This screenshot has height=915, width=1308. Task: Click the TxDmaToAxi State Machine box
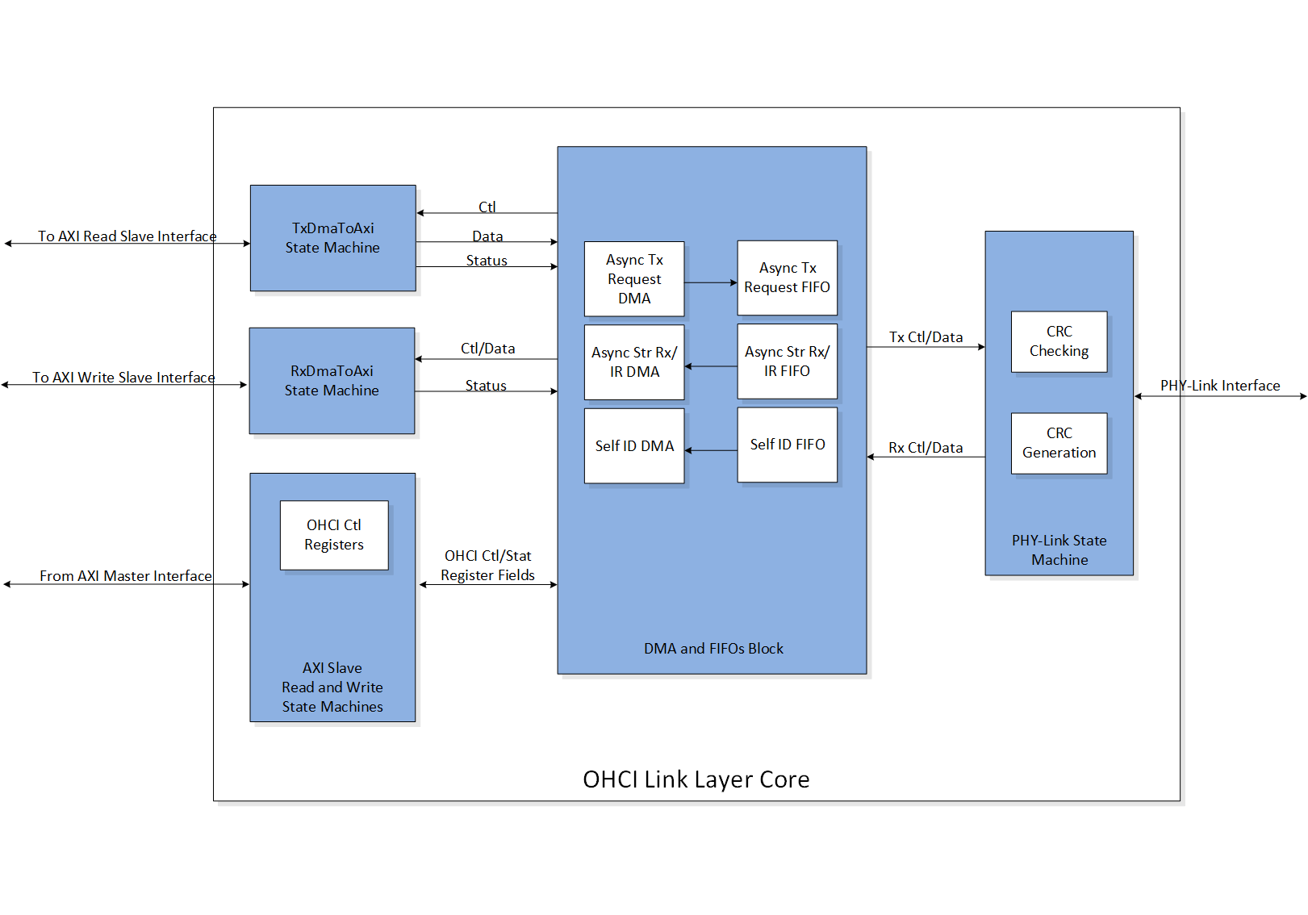click(x=332, y=238)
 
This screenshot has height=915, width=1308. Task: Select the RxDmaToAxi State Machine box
click(x=332, y=381)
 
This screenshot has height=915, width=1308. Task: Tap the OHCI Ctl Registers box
click(x=334, y=535)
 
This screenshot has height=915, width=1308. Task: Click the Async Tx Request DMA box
click(x=634, y=279)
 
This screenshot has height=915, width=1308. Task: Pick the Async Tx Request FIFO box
click(x=787, y=278)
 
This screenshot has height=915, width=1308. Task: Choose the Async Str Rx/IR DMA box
click(x=634, y=362)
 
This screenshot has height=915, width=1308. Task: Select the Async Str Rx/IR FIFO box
click(x=787, y=361)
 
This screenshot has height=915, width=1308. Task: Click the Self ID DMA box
click(x=634, y=446)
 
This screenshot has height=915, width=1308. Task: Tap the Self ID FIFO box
click(x=787, y=445)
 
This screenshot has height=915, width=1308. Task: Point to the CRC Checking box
click(x=1059, y=341)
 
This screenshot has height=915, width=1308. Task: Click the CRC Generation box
click(x=1059, y=443)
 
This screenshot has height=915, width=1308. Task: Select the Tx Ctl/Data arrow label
click(x=926, y=337)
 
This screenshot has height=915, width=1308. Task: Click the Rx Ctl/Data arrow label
click(x=926, y=448)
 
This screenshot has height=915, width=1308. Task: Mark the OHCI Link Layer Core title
click(x=696, y=779)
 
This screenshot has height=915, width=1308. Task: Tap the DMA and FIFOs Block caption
click(x=713, y=649)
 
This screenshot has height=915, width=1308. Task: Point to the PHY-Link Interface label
click(x=1220, y=386)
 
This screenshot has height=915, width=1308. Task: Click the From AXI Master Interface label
click(x=126, y=576)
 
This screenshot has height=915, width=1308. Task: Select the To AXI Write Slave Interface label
click(x=123, y=378)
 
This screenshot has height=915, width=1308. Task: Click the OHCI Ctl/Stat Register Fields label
click(x=487, y=566)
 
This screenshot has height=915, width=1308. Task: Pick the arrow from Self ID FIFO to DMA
click(x=711, y=450)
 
